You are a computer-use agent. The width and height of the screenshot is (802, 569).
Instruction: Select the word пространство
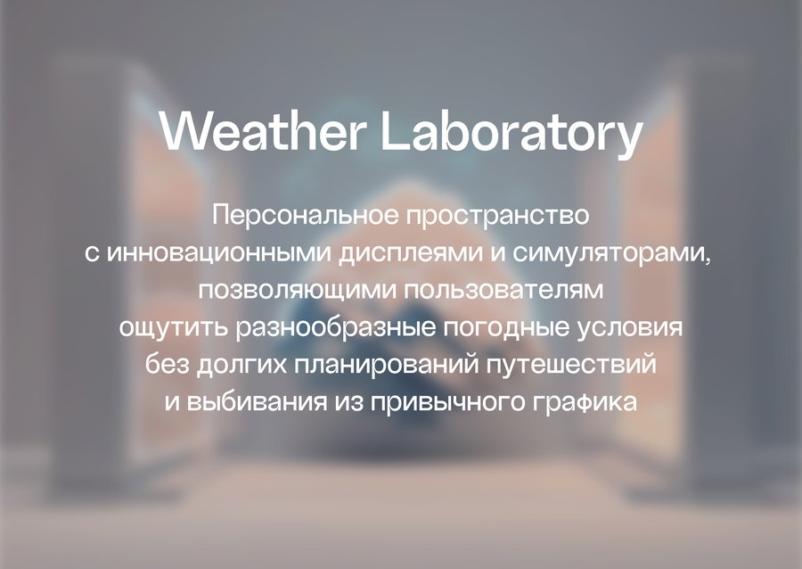point(497,217)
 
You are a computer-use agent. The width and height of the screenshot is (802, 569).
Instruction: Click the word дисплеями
point(411,254)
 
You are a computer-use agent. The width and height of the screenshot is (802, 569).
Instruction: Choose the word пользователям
point(503,290)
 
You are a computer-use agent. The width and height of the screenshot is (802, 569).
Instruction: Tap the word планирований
point(387,364)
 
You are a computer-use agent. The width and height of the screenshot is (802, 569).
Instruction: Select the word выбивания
point(257,401)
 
